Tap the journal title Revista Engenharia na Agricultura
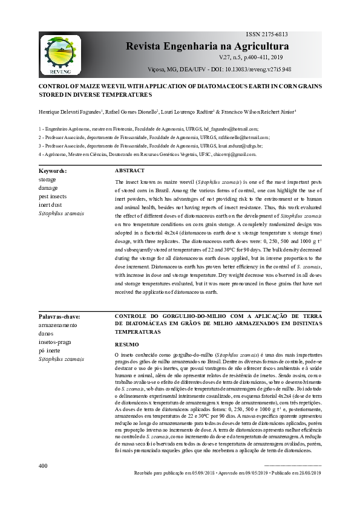[207, 47]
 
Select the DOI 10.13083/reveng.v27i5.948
[262, 70]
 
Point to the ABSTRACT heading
[129, 171]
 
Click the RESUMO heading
[126, 344]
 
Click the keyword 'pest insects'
[52, 197]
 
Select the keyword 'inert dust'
[50, 206]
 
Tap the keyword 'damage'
[48, 189]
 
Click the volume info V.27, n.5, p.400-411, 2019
[254, 57]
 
